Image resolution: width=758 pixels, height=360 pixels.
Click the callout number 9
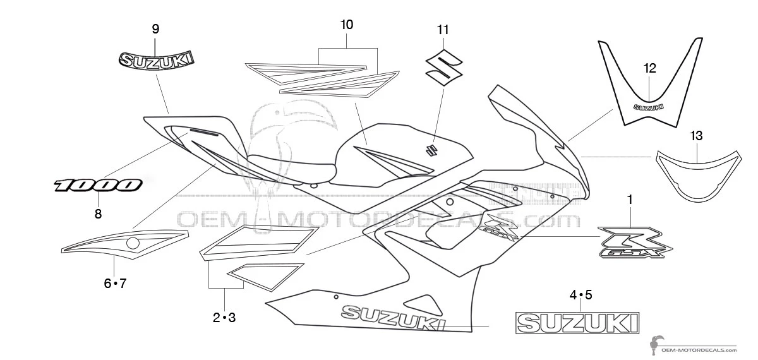(155, 28)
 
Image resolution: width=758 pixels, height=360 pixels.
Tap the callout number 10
(347, 25)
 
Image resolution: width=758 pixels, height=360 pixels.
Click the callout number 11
(442, 30)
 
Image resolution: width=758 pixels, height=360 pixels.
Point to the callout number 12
(650, 68)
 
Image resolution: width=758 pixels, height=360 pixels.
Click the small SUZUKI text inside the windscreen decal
(649, 107)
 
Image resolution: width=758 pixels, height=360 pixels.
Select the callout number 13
(696, 136)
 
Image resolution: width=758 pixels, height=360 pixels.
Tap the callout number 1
(629, 200)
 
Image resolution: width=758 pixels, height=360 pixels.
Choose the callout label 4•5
(581, 294)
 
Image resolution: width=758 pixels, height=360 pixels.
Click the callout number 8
(98, 214)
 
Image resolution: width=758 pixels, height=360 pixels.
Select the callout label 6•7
(115, 283)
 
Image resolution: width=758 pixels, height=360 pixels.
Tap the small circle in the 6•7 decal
(133, 243)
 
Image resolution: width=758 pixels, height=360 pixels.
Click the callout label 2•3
(224, 318)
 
